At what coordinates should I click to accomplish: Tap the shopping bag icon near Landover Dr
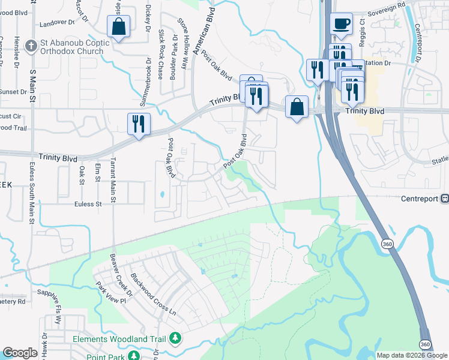pos(118,26)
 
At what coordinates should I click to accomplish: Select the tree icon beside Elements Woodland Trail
pos(175,339)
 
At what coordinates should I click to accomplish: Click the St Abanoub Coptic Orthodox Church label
pos(75,47)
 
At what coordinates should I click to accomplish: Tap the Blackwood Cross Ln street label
pos(155,295)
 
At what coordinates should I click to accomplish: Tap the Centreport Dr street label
pos(417,43)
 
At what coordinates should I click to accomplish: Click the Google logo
pos(20,353)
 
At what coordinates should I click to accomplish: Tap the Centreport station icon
pos(445,199)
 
